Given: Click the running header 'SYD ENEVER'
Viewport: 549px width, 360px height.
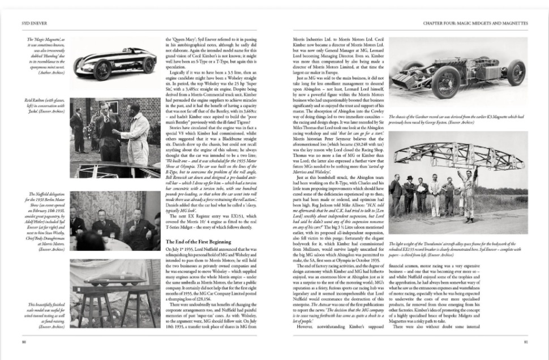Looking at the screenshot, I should click(29, 23).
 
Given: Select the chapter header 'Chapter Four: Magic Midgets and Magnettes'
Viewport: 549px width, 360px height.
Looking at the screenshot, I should click(475, 23).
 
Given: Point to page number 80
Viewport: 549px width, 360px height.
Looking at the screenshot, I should click(24, 341).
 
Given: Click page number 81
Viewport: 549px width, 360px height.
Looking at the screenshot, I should click(526, 341).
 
